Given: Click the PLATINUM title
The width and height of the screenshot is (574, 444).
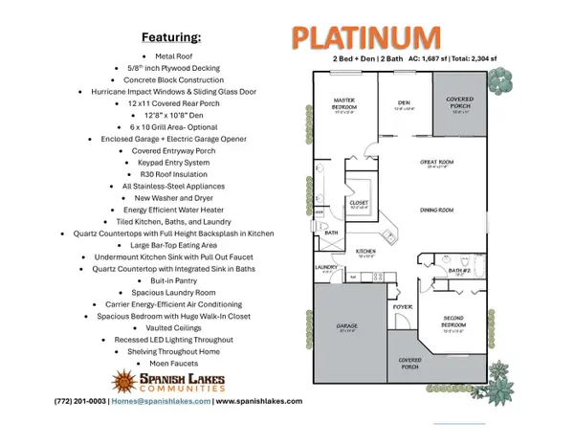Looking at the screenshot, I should (366, 39).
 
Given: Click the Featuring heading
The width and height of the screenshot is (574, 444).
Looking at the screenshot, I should (171, 37).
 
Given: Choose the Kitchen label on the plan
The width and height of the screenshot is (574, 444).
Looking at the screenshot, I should (366, 252).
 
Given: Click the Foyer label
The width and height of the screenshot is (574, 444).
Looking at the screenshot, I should (402, 307).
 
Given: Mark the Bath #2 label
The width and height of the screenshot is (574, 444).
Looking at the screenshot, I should (462, 271).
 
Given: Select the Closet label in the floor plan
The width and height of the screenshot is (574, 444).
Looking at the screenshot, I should (359, 203).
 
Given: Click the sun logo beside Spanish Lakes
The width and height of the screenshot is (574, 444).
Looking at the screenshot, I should (123, 382).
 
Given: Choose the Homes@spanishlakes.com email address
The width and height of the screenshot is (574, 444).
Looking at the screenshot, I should (161, 402).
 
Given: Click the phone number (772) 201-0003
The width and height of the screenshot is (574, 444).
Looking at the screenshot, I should (80, 402).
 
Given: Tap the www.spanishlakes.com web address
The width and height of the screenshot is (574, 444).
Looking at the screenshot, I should (258, 402).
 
